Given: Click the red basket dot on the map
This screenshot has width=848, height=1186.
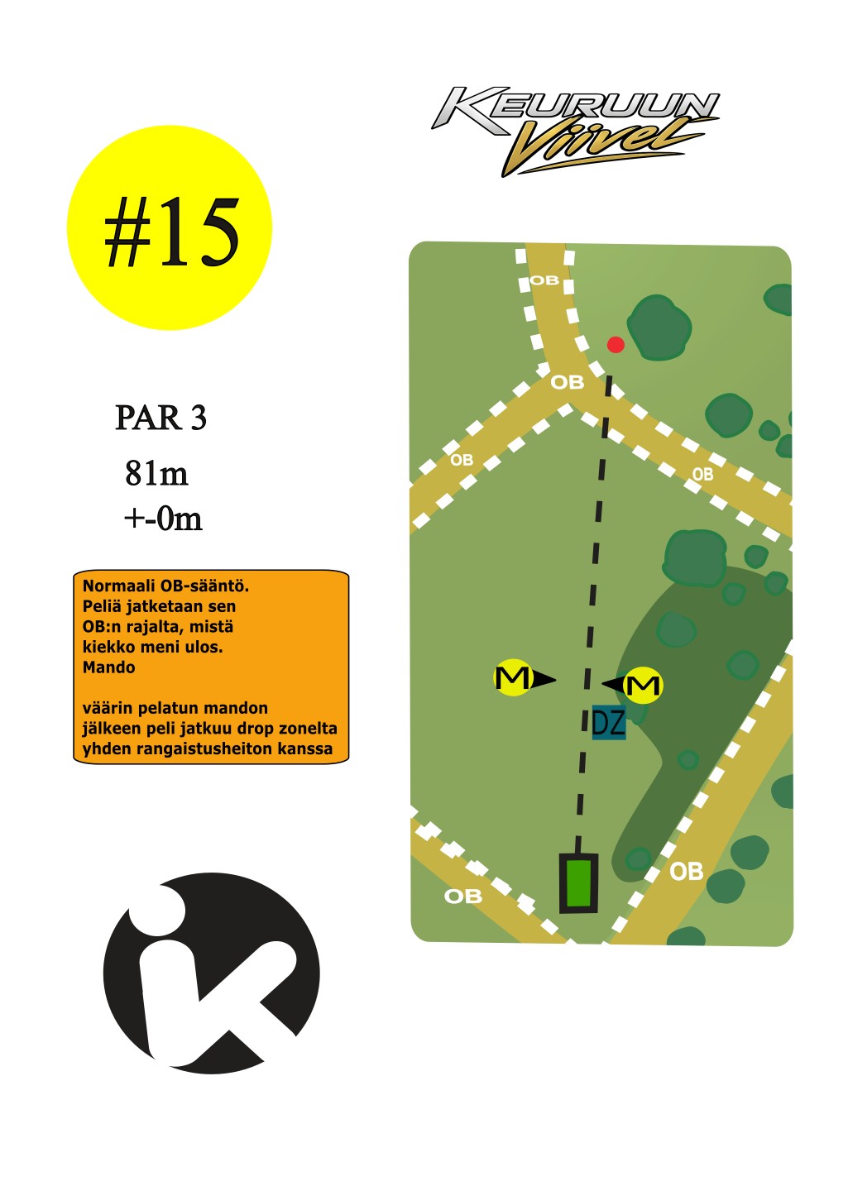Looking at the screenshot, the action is [615, 345].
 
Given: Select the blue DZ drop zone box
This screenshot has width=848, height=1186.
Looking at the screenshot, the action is [609, 723].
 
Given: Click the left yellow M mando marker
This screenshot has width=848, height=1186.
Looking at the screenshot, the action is [512, 677].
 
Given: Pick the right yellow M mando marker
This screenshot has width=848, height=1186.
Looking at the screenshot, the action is [644, 686].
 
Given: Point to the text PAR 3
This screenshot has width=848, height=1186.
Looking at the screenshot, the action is [160, 418].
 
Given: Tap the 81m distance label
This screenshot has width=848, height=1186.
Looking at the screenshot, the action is [156, 473].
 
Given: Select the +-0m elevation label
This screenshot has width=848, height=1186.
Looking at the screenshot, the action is [163, 519].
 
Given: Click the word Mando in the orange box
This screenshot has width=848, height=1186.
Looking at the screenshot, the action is [108, 667].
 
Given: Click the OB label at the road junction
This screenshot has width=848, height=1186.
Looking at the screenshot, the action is [567, 382].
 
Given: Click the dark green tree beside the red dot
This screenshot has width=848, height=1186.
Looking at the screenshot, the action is [659, 328].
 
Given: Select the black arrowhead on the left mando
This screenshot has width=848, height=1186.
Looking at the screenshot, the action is [543, 679].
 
